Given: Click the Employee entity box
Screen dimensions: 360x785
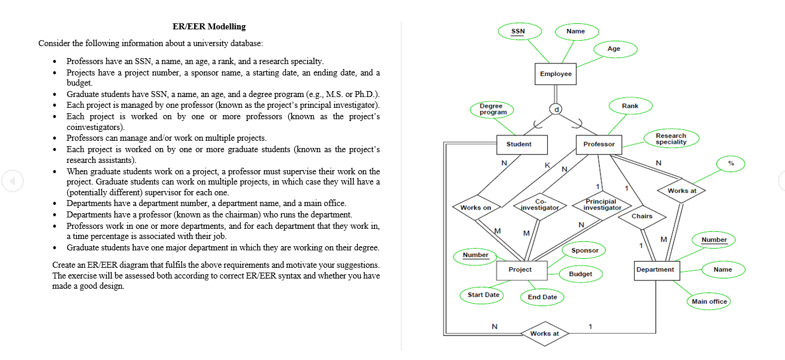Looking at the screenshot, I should click(x=555, y=74).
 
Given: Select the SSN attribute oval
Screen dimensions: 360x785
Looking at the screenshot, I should click(x=518, y=31).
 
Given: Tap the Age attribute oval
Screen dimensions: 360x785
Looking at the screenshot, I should click(x=614, y=49).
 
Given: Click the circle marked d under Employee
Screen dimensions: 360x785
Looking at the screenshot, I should click(x=556, y=110).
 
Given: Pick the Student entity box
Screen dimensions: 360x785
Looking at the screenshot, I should click(x=518, y=144).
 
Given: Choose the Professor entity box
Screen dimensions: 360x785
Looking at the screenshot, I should click(x=599, y=144).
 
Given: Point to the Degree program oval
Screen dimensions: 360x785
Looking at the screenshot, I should click(x=493, y=109).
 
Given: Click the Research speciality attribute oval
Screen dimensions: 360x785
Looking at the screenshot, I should click(x=671, y=139).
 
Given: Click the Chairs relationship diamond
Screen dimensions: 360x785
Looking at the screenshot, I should click(x=642, y=216).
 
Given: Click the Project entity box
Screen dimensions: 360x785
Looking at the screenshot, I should click(x=520, y=270).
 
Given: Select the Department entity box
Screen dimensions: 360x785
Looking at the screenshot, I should click(x=655, y=270).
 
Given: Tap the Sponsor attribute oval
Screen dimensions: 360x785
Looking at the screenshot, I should click(x=585, y=250).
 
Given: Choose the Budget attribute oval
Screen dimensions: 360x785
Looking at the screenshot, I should click(x=580, y=274).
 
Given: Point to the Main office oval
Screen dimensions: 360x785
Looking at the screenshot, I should click(x=709, y=301).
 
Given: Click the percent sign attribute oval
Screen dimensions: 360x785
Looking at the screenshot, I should click(x=730, y=163).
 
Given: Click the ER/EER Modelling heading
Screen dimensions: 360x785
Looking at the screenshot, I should click(x=209, y=26).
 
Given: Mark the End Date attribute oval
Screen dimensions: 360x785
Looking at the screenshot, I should click(x=542, y=297).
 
